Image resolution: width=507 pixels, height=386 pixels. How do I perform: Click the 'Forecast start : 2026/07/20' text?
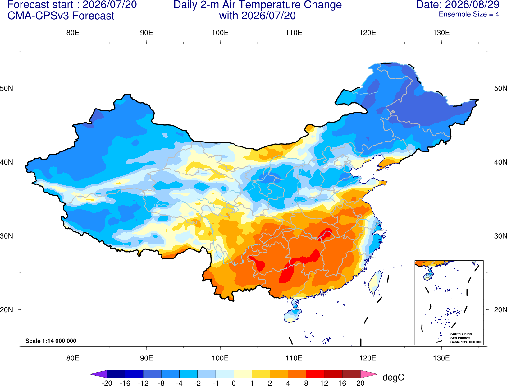point(72,5)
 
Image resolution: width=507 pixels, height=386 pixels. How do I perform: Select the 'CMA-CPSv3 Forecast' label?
point(61,16)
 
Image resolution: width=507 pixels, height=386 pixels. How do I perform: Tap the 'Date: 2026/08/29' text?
point(458,5)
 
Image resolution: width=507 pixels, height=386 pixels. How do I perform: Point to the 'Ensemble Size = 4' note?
point(469,14)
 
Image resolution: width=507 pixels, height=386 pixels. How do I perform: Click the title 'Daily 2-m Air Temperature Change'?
point(258,5)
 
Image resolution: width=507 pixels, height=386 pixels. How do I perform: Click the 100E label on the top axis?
point(220,33)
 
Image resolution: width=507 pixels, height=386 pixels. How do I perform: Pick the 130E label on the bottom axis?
point(441,358)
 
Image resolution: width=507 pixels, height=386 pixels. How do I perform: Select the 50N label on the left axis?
point(7,88)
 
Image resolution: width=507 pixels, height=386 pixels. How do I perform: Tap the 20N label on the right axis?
point(500,310)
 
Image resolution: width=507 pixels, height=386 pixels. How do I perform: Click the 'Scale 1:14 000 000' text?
point(51,341)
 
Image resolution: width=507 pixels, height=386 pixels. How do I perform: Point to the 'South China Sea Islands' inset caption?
point(461,336)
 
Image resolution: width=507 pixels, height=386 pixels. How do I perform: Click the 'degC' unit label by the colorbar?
point(393,377)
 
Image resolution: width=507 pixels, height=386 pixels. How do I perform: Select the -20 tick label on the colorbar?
point(107,383)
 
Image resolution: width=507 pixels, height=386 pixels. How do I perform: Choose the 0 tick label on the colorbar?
point(234,383)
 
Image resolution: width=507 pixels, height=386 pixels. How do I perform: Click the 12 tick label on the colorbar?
point(324,383)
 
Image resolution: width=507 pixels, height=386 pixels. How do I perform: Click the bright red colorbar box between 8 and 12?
point(315,374)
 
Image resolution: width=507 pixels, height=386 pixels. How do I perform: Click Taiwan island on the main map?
point(375,283)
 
